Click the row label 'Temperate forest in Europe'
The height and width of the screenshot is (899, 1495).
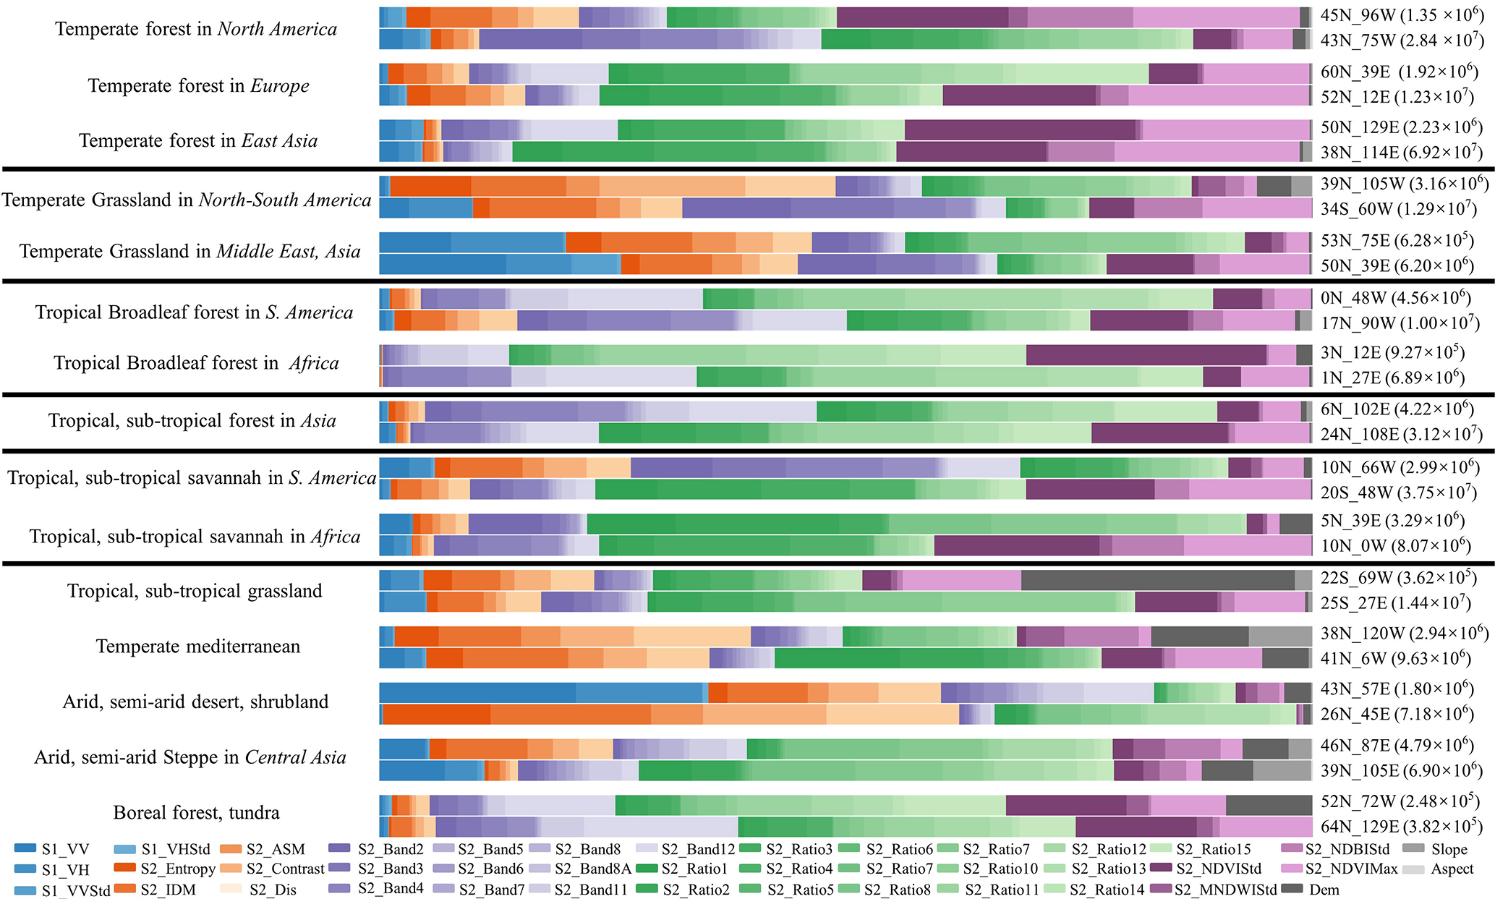(x=198, y=85)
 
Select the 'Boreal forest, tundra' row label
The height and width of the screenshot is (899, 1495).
(x=196, y=812)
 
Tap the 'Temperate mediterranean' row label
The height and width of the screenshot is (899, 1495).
(x=197, y=646)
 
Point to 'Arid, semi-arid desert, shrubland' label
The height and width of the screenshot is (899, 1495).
(x=195, y=702)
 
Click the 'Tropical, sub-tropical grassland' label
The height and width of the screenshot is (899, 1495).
(x=195, y=591)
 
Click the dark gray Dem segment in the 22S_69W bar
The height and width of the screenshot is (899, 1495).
(x=1157, y=580)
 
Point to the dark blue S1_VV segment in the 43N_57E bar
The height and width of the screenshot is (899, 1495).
(x=477, y=693)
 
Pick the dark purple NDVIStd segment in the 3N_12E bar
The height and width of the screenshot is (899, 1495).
(x=1146, y=354)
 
